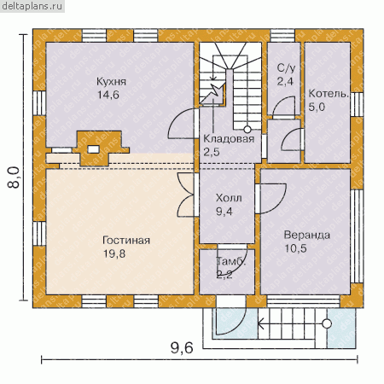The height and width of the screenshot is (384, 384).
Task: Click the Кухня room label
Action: point(111,82)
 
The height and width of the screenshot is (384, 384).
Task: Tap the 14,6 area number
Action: point(108,95)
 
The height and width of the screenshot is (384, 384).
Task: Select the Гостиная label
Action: point(126,241)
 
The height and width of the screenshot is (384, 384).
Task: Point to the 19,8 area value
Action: point(114,253)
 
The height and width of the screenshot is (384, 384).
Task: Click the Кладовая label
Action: point(229,139)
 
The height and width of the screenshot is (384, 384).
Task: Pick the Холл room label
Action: point(229,198)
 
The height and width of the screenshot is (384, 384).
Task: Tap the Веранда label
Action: point(307,236)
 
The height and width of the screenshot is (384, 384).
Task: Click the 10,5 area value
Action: point(296,248)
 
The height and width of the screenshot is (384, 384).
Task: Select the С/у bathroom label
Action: point(286,67)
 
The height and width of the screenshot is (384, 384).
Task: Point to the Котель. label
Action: point(329,94)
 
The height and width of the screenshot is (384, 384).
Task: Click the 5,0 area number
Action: point(317,107)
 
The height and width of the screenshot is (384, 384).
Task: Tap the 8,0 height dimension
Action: point(14,177)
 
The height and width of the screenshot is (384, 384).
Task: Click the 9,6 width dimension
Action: point(182,347)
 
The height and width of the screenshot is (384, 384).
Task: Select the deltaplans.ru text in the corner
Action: point(32,6)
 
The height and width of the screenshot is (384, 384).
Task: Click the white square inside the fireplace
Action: point(93,149)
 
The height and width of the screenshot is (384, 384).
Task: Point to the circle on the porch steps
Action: point(327,323)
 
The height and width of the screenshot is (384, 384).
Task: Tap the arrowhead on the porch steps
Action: point(260,323)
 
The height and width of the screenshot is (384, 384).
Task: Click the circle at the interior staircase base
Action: point(247,130)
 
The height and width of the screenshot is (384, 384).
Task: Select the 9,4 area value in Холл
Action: point(224,212)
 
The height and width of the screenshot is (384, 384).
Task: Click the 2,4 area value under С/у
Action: point(285,82)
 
